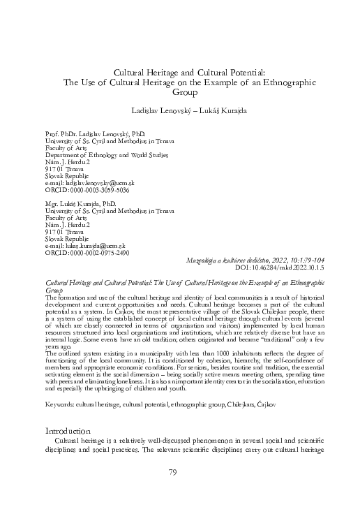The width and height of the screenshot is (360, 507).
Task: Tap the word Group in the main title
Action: [180, 91]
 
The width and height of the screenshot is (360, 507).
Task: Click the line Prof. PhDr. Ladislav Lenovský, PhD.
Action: [94, 133]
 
